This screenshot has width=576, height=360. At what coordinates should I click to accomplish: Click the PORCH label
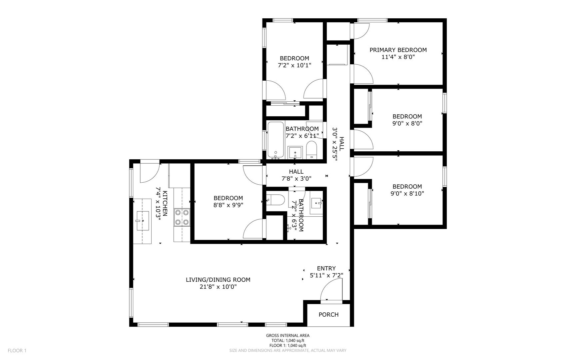(x=328, y=314)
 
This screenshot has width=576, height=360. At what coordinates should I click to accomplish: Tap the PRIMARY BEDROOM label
(x=398, y=50)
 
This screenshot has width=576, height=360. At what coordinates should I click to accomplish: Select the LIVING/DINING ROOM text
(x=218, y=280)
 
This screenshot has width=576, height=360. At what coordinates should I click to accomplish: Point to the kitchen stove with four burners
(x=182, y=217)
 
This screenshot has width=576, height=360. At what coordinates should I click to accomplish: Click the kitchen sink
(x=143, y=221)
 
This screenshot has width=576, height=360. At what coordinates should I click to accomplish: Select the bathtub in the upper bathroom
(x=276, y=140)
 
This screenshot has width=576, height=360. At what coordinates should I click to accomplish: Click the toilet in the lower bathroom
(x=276, y=200)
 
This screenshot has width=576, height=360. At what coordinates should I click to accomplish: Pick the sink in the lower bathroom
(x=316, y=202)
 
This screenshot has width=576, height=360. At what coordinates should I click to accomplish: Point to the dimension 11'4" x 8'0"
(x=398, y=57)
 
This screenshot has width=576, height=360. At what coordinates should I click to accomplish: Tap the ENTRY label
(x=326, y=268)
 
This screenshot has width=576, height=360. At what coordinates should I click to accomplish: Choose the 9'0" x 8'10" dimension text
(x=407, y=194)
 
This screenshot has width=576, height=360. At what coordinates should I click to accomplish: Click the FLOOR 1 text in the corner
(x=17, y=350)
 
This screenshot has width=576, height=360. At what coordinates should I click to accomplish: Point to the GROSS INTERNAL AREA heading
(x=288, y=336)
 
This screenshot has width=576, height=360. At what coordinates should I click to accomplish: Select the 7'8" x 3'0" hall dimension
(x=296, y=179)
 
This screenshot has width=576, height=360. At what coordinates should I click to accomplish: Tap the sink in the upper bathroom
(x=295, y=153)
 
